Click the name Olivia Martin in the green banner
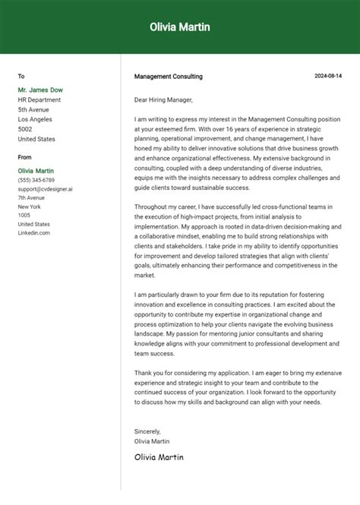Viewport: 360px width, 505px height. coord(180,27)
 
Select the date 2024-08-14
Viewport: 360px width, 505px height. coord(328,77)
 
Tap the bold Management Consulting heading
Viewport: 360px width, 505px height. coord(169,77)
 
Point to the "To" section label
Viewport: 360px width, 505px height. coord(21,77)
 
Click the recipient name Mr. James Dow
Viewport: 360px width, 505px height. coord(40,90)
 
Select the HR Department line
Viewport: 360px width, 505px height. coord(39,100)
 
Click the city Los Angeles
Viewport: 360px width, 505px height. coord(36,120)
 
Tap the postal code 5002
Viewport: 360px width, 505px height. coord(25,130)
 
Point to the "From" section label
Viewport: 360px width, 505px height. coord(25,157)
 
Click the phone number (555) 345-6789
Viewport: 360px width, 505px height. coord(36,180)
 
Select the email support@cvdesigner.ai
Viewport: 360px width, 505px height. coord(46,189)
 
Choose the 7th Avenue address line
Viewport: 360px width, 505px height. coord(32,197)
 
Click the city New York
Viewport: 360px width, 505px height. coord(29,207)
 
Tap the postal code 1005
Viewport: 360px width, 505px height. coord(24,216)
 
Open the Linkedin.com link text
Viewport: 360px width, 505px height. coord(34,233)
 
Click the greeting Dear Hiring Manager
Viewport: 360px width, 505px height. coord(163,99)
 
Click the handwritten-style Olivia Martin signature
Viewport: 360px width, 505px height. coord(159,457)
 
